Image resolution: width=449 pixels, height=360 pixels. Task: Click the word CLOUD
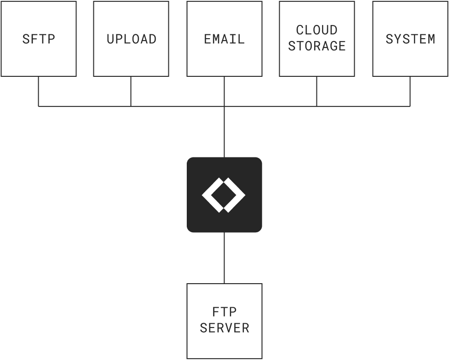tap(316, 30)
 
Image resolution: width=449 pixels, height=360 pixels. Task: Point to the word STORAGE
tap(316, 46)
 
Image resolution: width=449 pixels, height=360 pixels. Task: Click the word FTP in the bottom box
tap(224, 312)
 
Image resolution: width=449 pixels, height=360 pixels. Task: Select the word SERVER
tap(224, 328)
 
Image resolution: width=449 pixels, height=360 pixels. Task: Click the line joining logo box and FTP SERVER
tap(224, 258)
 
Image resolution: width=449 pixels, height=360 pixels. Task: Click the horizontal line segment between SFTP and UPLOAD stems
tap(85, 106)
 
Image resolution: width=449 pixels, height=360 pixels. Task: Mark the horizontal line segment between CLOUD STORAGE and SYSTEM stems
tap(363, 106)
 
